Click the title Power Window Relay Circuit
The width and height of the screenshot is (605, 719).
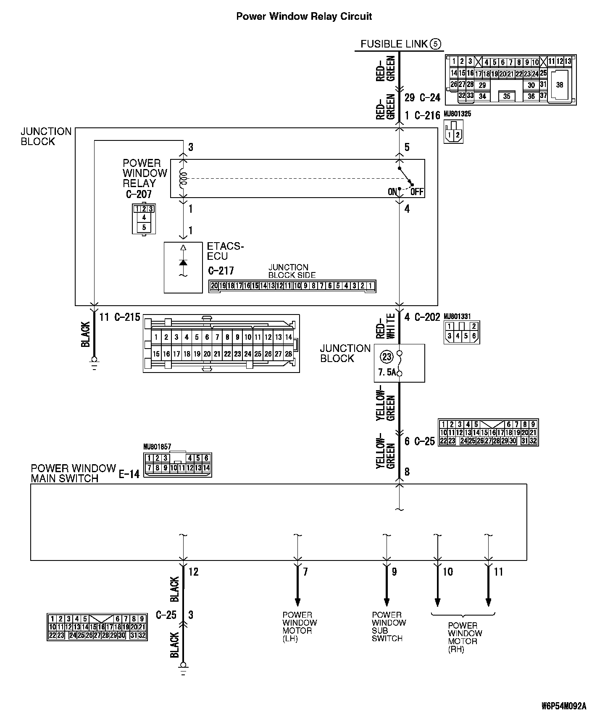click(304, 16)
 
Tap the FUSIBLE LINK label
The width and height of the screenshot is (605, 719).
click(394, 44)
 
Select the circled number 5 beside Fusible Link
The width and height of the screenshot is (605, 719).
click(436, 44)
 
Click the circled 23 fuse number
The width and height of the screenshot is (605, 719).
click(386, 357)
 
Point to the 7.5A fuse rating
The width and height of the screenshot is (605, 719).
click(387, 373)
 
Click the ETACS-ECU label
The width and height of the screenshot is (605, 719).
click(224, 251)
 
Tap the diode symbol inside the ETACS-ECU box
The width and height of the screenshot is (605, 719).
click(183, 262)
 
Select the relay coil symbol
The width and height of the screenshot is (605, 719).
click(183, 178)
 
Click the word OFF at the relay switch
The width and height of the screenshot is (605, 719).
click(417, 192)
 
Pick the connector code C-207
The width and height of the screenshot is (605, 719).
click(139, 194)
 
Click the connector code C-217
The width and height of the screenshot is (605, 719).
click(221, 271)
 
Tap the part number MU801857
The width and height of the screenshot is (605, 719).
click(157, 447)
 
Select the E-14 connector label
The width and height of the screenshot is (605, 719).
click(129, 475)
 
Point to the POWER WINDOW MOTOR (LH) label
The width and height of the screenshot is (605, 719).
click(300, 626)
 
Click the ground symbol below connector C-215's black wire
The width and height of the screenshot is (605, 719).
click(94, 360)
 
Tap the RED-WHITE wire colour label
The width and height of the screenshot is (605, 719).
click(386, 326)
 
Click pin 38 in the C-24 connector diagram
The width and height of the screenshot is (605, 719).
click(559, 85)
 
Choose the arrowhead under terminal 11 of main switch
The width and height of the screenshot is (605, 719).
click(488, 602)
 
